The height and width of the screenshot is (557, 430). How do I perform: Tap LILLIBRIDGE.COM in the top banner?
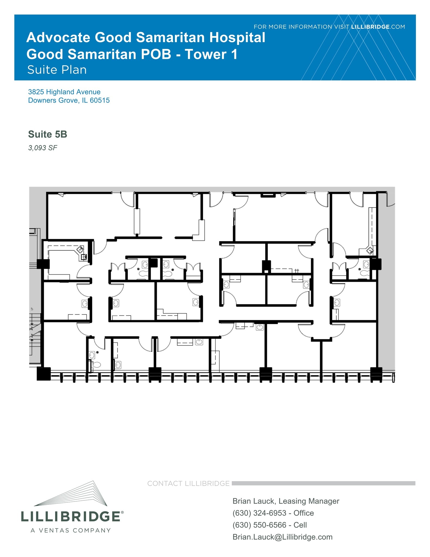[x=378, y=27]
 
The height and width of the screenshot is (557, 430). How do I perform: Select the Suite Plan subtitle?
[x=57, y=70]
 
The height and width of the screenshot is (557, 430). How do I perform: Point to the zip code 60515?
[x=100, y=100]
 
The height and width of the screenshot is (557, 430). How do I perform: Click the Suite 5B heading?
[x=48, y=134]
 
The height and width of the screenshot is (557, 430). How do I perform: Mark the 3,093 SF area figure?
[x=43, y=148]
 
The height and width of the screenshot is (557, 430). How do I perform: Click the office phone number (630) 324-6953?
[x=259, y=513]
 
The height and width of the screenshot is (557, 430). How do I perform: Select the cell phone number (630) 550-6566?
[x=259, y=525]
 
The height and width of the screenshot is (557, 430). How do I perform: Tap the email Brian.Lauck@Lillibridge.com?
[x=283, y=537]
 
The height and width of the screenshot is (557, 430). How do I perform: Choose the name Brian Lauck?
[x=254, y=501]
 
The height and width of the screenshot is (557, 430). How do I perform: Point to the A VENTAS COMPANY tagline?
[x=71, y=530]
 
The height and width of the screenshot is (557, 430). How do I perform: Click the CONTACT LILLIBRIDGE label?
[x=188, y=483]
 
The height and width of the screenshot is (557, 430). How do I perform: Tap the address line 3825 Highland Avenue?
[x=64, y=92]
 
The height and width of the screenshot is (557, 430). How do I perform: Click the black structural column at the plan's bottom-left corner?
[x=44, y=374]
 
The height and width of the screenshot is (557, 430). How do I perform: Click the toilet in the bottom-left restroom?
[x=96, y=365]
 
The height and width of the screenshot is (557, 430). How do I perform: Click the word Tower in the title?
[x=205, y=54]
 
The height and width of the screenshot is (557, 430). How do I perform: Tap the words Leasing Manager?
[x=309, y=501]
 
